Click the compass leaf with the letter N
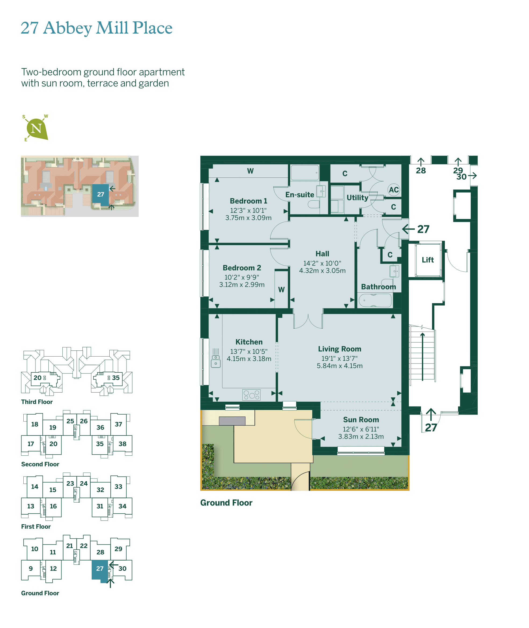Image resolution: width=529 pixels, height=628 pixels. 37,129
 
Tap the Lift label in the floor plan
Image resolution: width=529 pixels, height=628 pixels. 428,260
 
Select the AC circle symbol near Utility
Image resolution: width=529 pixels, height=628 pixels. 394,190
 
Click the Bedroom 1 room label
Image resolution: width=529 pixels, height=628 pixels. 248,201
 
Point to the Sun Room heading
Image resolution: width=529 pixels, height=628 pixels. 361,419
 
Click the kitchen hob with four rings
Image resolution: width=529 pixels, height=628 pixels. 251,395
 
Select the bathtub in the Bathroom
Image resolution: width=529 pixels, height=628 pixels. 375,300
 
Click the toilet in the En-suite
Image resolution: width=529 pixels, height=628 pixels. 314,204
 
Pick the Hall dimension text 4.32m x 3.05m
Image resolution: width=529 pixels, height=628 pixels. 322,271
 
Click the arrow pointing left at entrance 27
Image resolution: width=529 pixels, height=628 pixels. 408,229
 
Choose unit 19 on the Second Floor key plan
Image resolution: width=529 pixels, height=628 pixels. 53,427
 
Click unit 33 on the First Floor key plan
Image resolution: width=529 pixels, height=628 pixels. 118,486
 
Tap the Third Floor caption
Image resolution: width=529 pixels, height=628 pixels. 37,402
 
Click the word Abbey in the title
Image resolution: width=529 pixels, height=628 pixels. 67,28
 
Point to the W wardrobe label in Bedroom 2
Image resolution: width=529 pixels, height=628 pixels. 281,289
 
